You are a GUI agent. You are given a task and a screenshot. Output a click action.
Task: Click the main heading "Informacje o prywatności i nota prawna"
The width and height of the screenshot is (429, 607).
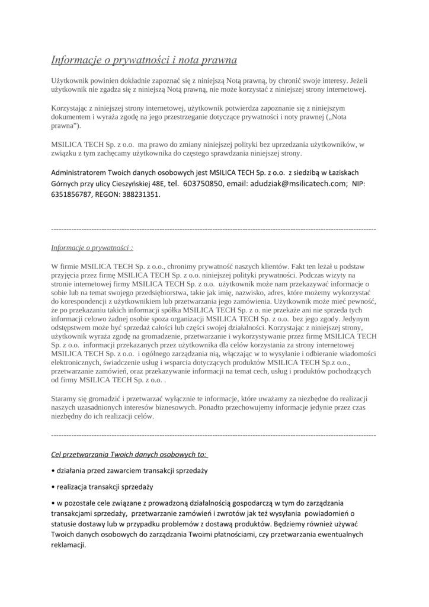click(144, 60)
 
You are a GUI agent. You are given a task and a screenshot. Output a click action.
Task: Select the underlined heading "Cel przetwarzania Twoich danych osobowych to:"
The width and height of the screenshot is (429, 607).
click(129, 454)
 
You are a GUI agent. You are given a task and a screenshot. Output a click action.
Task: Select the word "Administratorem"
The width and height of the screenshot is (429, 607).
click(80, 172)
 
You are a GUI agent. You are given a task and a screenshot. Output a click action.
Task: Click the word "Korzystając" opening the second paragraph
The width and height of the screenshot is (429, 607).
click(71, 108)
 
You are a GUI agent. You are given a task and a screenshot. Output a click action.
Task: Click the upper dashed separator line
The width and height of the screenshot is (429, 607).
click(214, 228)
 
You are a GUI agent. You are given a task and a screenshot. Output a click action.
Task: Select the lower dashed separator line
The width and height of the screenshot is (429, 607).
click(214, 435)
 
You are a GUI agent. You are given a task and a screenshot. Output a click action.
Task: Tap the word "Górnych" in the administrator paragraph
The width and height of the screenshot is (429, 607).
click(66, 184)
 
